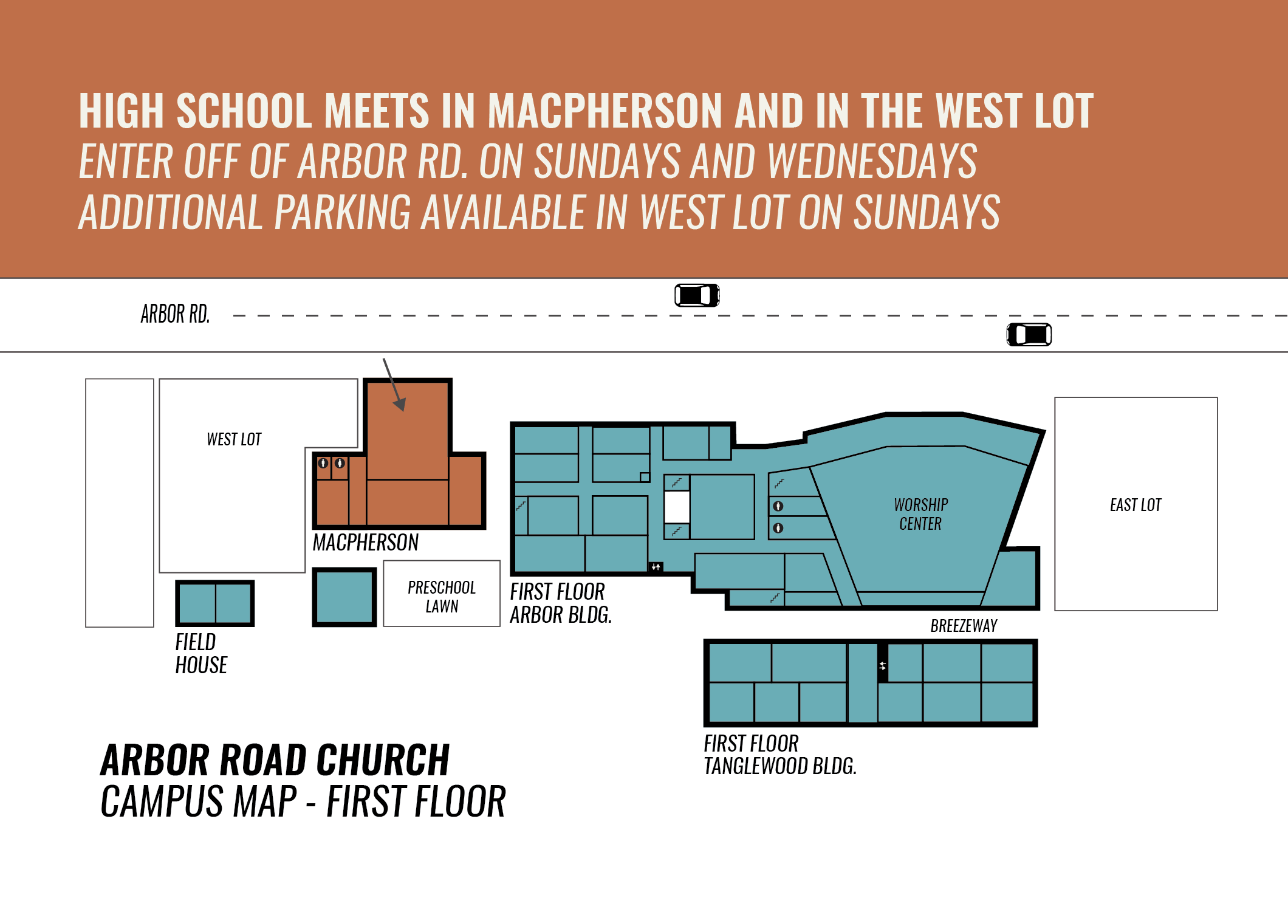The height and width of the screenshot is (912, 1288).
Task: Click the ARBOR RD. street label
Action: [x=175, y=314]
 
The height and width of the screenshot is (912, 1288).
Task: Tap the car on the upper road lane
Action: [x=697, y=295]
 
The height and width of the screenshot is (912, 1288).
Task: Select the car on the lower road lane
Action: [x=1029, y=335]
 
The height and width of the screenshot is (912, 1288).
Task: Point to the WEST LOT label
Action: [x=234, y=439]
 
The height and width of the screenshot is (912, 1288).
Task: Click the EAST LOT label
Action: [x=1136, y=505]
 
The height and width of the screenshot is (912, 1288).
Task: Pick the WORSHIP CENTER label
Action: [x=920, y=514]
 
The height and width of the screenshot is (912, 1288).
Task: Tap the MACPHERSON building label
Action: [x=366, y=543]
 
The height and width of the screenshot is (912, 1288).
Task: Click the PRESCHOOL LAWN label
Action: [x=442, y=597]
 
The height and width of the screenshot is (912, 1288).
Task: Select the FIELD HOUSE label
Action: [x=200, y=654]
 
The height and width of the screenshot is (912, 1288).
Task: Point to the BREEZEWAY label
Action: [x=964, y=626]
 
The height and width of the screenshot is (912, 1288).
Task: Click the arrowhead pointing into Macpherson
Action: [x=400, y=404]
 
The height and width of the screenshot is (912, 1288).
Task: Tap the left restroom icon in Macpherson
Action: [x=323, y=464]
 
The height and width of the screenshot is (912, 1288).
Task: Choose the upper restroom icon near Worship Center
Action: [x=778, y=506]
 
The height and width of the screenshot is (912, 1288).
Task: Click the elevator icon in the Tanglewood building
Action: [x=883, y=666]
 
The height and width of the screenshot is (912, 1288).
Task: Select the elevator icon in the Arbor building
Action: [x=656, y=567]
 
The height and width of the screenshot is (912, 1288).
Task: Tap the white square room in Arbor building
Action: [x=677, y=506]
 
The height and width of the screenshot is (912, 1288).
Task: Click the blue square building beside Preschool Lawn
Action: [x=344, y=597]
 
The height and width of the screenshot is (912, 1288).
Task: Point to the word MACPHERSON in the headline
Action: [x=605, y=111]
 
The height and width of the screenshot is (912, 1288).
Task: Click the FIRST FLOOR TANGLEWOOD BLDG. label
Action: [x=779, y=755]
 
